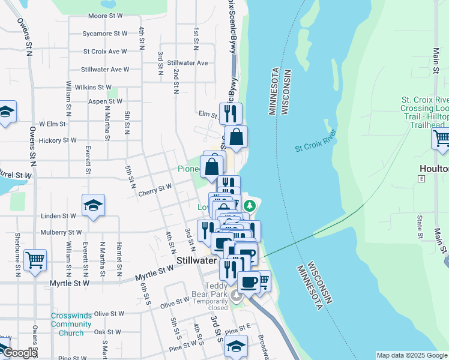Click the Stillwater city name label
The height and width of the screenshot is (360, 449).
196,261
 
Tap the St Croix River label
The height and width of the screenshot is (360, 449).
316,141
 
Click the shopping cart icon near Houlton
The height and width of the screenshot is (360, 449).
441,139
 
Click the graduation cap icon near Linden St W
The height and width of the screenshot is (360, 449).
92,205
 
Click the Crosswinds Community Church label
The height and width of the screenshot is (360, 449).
71,324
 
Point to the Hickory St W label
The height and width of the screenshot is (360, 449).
58,140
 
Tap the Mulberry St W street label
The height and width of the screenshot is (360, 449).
61,232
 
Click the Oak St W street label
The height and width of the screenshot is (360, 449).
108,331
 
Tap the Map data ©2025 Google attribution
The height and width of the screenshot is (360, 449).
411,355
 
